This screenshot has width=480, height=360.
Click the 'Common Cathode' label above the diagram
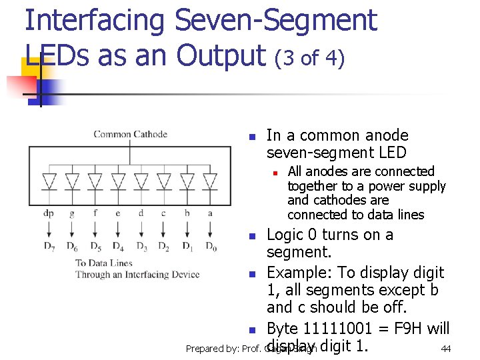130,134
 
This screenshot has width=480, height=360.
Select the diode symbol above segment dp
49,181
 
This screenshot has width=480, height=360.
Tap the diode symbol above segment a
210,181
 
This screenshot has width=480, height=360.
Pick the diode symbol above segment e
118,181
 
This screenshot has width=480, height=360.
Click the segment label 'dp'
49,213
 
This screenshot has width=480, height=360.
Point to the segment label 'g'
72,213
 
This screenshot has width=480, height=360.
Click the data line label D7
49,247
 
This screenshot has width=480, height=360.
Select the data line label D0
211,247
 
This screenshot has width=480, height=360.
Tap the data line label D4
119,247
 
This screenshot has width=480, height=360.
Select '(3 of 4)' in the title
309,59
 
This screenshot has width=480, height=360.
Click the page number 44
446,349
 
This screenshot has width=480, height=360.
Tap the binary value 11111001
331,329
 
